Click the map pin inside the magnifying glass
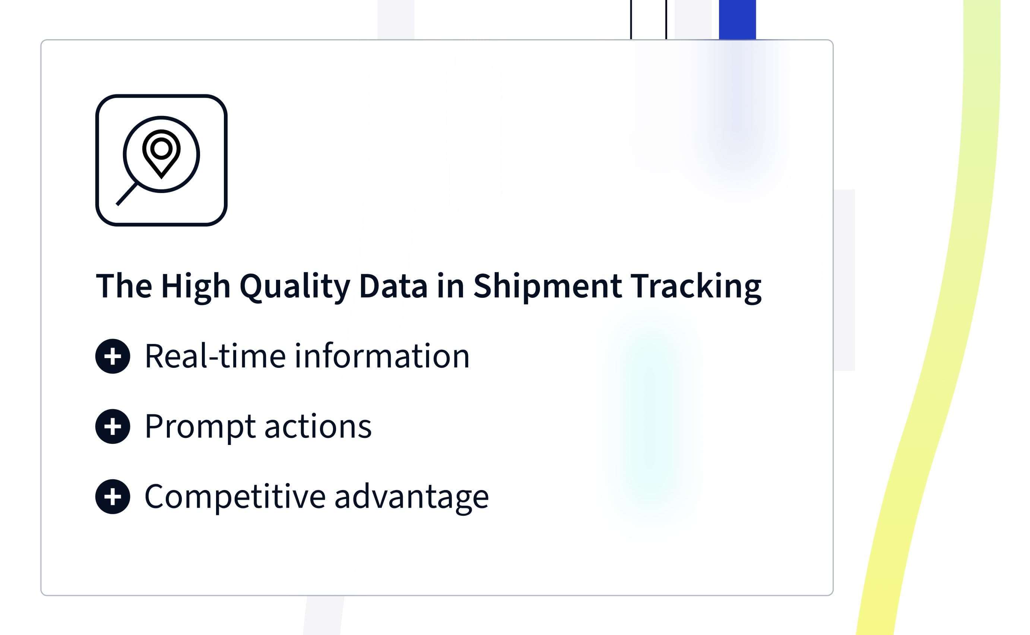[161, 154]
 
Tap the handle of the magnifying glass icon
[126, 194]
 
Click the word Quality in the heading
[295, 287]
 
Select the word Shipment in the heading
[547, 286]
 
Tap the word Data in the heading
[393, 286]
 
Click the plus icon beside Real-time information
[112, 356]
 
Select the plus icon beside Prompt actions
[112, 426]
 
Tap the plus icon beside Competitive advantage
[112, 496]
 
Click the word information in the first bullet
[381, 356]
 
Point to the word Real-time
[215, 356]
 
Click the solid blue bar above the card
[737, 20]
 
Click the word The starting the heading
[124, 286]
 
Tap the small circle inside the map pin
[161, 148]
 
